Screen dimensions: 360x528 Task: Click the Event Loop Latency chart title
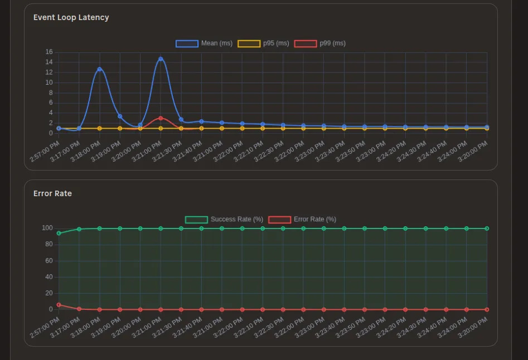coord(71,17)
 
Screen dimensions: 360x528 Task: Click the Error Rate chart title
coord(52,193)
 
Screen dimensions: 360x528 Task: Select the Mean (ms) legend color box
coord(187,43)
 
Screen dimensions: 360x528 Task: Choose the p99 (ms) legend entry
coord(320,43)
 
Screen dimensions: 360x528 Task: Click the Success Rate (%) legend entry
coord(224,220)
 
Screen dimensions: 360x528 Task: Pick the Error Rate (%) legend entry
coord(303,220)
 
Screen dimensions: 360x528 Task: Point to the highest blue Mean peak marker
coord(161,59)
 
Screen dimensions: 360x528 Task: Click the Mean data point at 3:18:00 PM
coord(99,69)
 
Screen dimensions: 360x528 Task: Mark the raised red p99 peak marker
coord(161,118)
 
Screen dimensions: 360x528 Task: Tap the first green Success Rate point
coord(59,233)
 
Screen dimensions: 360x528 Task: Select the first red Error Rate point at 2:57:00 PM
coord(59,305)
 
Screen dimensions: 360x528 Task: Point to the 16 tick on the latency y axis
coord(49,52)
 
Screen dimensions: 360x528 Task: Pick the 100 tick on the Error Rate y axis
coord(47,228)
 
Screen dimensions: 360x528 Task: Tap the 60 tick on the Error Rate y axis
coord(49,261)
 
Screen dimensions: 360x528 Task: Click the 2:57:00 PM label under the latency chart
coord(45,152)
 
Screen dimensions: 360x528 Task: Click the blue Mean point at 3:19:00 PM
coord(120,116)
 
